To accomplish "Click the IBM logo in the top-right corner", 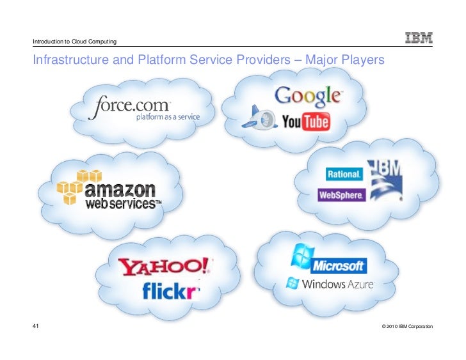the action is click(x=419, y=38).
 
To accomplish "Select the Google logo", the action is click(x=308, y=95).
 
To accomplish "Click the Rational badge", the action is click(x=344, y=174).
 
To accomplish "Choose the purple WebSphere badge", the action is click(x=341, y=195).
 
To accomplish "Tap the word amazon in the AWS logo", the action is click(x=120, y=190).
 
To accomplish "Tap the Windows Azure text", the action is click(x=337, y=284).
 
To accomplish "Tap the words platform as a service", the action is click(x=168, y=117).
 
